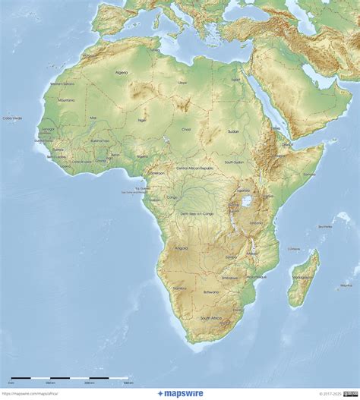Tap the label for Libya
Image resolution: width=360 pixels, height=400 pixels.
click(x=182, y=82)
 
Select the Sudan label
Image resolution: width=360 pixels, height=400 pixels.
click(x=234, y=130)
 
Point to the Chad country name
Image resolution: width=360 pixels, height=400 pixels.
click(x=186, y=129)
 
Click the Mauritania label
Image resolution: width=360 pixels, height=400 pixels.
click(x=66, y=100)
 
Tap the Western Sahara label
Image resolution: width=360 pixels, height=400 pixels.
click(x=62, y=83)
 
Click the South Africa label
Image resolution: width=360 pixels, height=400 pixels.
click(x=211, y=318)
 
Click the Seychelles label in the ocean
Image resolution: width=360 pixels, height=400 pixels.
click(x=325, y=226)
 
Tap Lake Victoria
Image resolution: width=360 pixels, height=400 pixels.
click(x=247, y=202)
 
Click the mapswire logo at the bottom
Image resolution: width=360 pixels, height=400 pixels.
click(x=181, y=393)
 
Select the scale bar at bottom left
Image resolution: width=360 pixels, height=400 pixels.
click(x=68, y=378)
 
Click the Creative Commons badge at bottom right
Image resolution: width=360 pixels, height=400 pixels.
click(x=351, y=393)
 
